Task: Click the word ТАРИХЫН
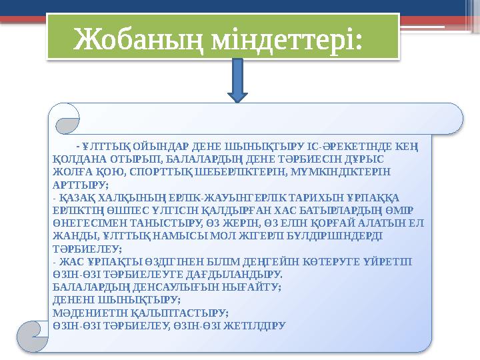[x=296, y=199]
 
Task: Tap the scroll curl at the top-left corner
[x=68, y=119]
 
